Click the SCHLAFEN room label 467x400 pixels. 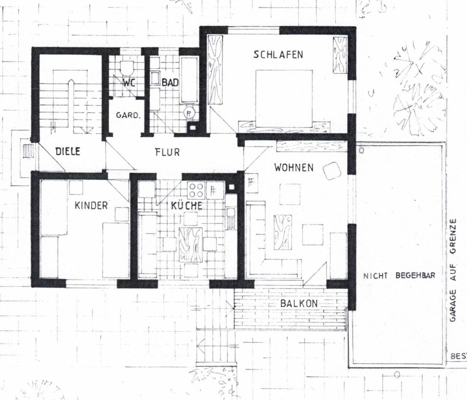[x=278, y=55]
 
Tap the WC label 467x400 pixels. [x=128, y=83]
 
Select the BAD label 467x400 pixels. [x=170, y=83]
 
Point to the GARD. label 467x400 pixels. [x=128, y=115]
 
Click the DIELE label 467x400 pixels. [x=67, y=151]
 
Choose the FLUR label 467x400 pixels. [x=167, y=152]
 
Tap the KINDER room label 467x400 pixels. [x=91, y=206]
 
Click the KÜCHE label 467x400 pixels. [x=186, y=206]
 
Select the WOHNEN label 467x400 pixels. [x=294, y=168]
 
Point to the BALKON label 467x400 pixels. [x=299, y=304]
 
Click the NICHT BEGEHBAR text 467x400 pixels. [x=399, y=275]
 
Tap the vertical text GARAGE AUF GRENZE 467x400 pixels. [x=453, y=270]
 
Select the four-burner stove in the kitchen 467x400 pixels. [x=196, y=190]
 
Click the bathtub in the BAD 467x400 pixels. [x=189, y=80]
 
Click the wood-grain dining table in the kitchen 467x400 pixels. [x=190, y=244]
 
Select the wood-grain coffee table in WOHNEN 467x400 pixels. [x=283, y=232]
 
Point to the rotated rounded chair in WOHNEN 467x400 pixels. [x=332, y=171]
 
